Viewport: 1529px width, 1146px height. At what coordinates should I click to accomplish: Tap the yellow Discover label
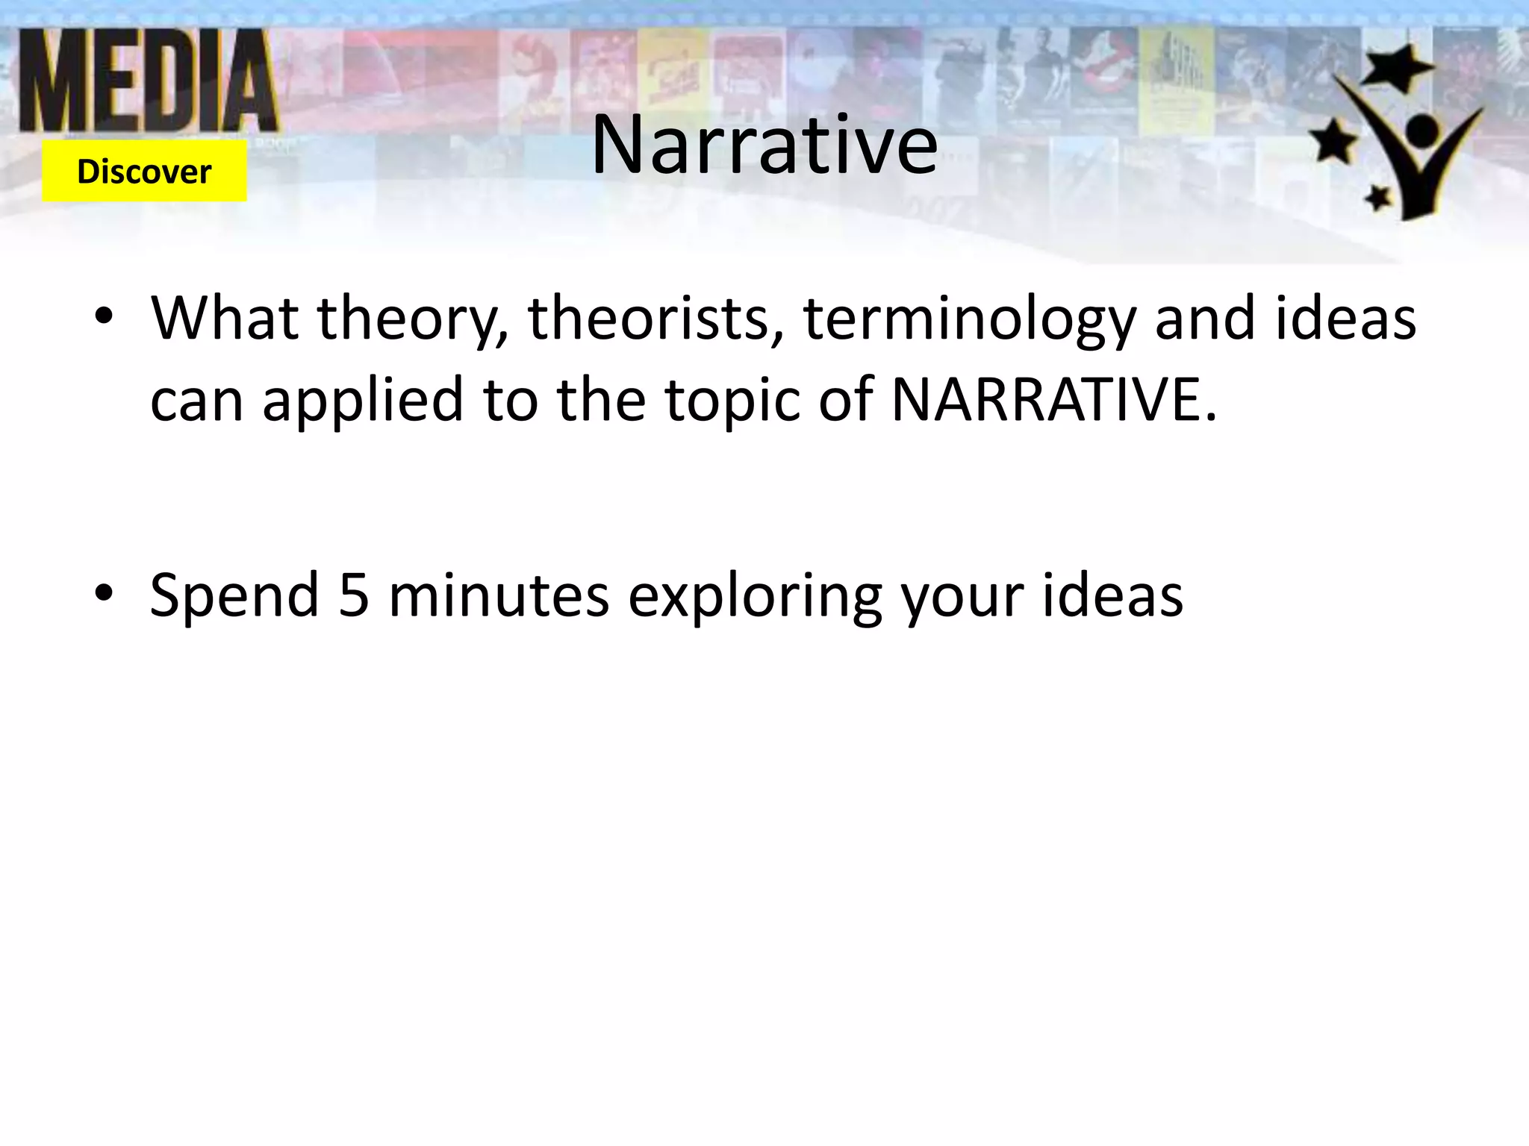[x=144, y=172]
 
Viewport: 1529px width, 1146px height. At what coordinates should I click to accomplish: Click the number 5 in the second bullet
[x=354, y=595]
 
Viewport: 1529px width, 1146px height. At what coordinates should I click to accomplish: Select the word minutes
[x=499, y=595]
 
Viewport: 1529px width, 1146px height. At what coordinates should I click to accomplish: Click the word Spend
[x=234, y=595]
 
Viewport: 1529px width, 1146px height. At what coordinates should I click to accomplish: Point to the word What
[x=225, y=319]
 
